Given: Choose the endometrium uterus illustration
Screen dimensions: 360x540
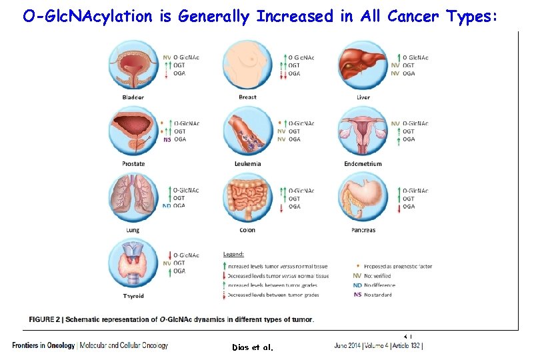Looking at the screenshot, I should pyautogui.click(x=363, y=131).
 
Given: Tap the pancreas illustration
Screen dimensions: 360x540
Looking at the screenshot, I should pyautogui.click(x=363, y=198).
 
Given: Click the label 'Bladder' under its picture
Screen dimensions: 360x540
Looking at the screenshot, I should pyautogui.click(x=133, y=97).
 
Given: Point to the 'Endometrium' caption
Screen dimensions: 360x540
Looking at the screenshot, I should pyautogui.click(x=363, y=163).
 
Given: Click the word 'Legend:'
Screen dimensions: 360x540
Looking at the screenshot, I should pyautogui.click(x=233, y=254).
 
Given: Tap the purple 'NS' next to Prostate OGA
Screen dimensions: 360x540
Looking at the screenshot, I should pyautogui.click(x=167, y=139).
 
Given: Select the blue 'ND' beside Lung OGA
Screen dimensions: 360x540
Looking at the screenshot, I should pyautogui.click(x=167, y=206).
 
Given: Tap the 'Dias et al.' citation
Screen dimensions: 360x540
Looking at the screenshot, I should pyautogui.click(x=253, y=347).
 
